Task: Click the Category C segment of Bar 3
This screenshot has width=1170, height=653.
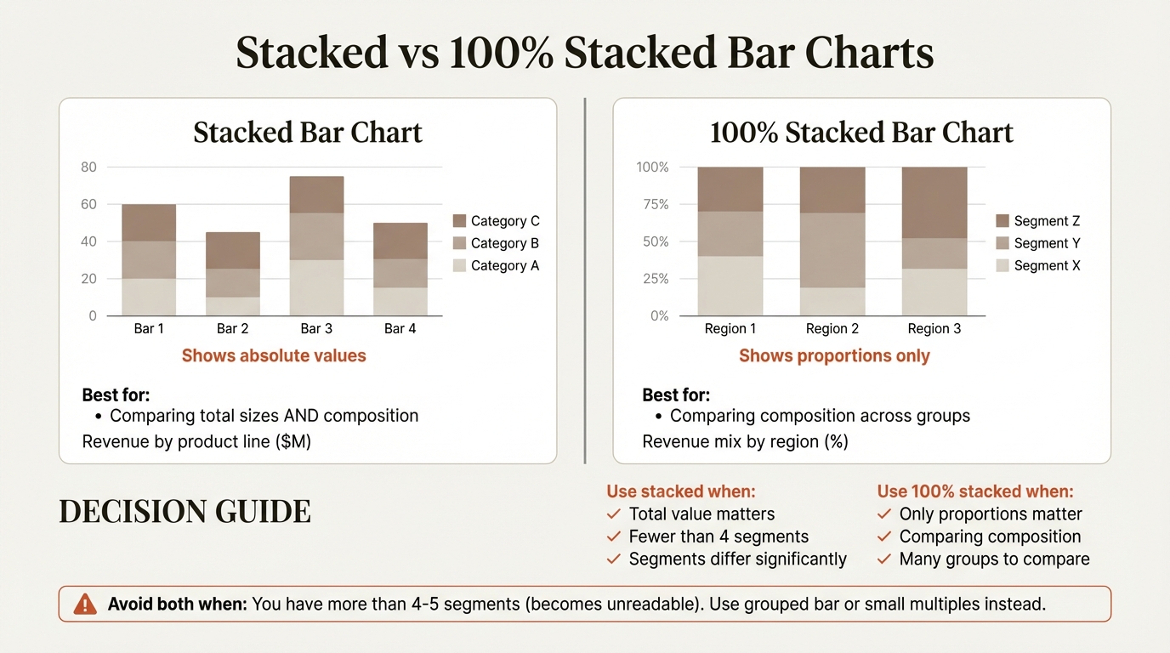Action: [316, 195]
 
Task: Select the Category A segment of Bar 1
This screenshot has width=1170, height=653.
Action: [149, 297]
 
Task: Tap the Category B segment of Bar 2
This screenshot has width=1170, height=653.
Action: [232, 282]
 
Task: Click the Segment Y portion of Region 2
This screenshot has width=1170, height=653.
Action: [832, 250]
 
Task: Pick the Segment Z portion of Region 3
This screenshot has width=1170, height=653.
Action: [934, 202]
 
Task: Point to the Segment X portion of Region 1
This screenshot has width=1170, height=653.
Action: [730, 286]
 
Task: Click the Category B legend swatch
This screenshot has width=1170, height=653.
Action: [460, 243]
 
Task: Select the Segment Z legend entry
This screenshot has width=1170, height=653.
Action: [1037, 221]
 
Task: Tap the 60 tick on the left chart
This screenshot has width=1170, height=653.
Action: [89, 204]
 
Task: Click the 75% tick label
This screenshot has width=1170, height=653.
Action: [653, 204]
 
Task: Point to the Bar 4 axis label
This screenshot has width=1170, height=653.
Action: [400, 328]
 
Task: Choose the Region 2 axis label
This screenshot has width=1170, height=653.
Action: [832, 328]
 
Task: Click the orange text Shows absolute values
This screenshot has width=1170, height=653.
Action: [274, 355]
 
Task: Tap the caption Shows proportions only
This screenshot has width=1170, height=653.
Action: [834, 355]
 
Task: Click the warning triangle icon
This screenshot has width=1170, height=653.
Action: [85, 605]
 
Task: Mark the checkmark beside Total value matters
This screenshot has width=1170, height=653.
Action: [613, 514]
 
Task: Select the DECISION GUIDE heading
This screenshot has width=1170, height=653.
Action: [185, 512]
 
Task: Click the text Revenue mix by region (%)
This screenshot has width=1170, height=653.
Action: [745, 441]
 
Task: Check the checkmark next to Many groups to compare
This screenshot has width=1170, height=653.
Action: [883, 559]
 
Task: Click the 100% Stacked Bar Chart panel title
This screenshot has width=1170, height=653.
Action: [861, 133]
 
